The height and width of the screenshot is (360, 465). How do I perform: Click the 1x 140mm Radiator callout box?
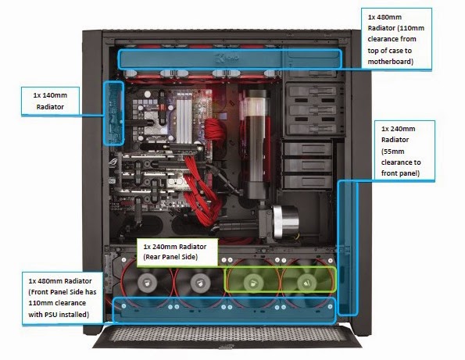click(x=51, y=101)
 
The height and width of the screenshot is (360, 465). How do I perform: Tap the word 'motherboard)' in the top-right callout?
click(x=390, y=62)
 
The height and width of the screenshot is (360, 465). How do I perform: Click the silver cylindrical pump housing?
click(x=285, y=221)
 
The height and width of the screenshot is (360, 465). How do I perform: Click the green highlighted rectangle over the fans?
click(x=281, y=280)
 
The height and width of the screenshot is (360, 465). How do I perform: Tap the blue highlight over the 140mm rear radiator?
click(x=113, y=113)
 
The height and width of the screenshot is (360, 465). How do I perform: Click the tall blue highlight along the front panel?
click(x=348, y=248)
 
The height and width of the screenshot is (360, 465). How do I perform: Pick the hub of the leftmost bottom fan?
click(x=148, y=283)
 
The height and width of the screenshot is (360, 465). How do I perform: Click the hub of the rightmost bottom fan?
click(x=306, y=283)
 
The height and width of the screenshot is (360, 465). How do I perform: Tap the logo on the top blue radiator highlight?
click(x=227, y=59)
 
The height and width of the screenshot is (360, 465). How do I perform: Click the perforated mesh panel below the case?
click(x=227, y=336)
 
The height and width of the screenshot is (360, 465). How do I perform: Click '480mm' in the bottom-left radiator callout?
click(x=50, y=280)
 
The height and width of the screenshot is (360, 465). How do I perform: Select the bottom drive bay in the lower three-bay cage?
click(x=307, y=182)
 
